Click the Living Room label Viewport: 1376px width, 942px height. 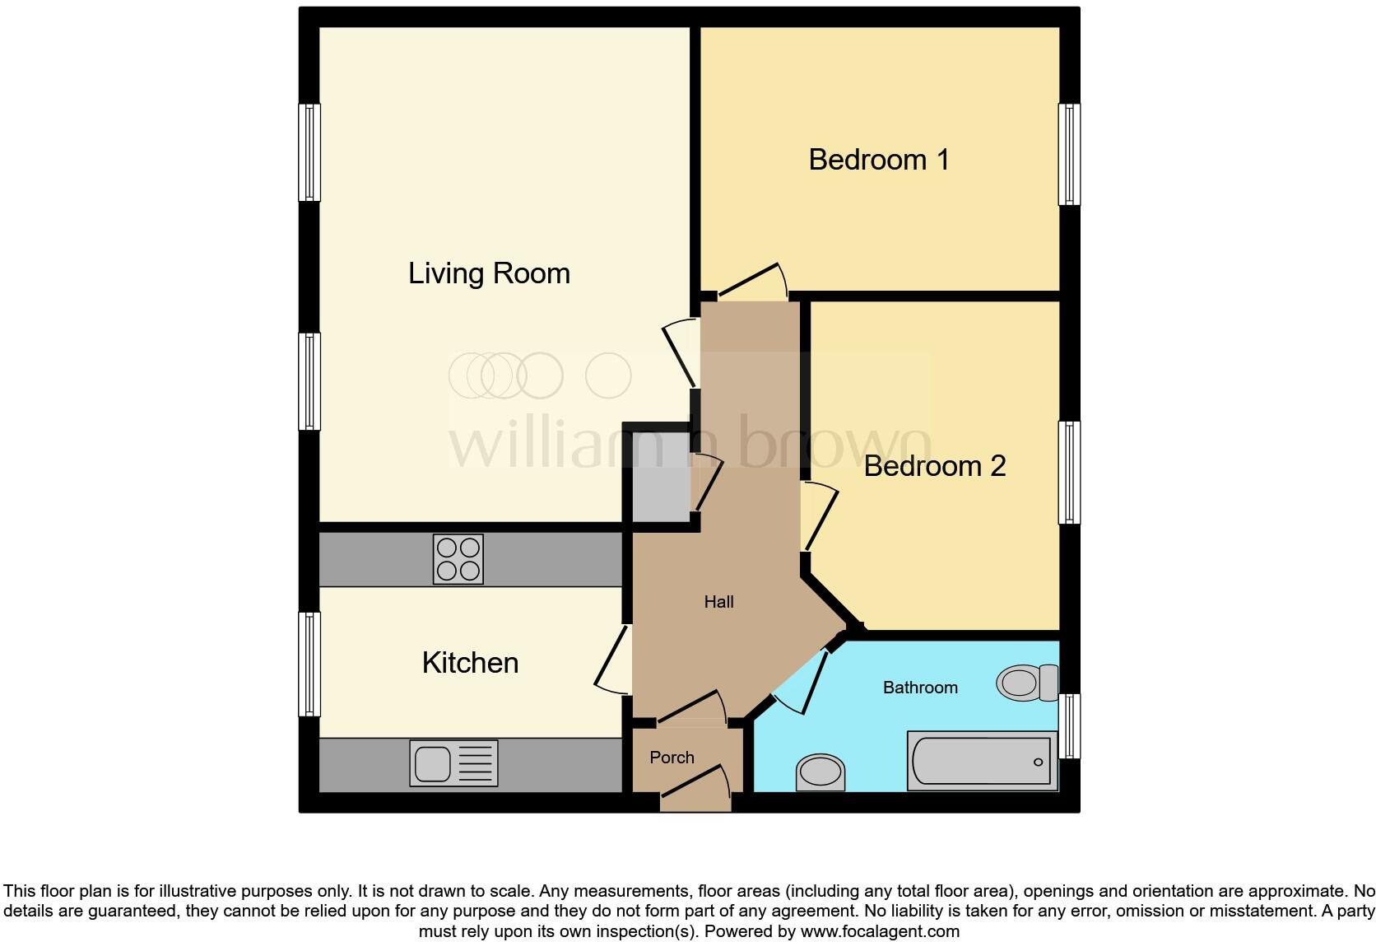489,273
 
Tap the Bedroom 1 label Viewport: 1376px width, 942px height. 879,160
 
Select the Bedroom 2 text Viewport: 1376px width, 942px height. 935,466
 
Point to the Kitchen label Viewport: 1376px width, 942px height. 470,663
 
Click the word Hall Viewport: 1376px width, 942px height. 718,602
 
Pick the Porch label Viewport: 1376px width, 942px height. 672,758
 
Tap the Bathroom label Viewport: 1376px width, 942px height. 920,688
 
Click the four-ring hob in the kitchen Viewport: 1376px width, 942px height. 458,559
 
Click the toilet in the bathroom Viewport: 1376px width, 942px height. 1027,683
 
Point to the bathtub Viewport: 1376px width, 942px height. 982,761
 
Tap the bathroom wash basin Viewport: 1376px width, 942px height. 820,773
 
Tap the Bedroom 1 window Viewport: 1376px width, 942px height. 1068,154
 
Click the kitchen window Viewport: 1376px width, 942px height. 309,665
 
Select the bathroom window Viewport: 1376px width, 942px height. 1068,725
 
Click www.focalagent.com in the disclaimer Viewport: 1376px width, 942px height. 879,932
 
